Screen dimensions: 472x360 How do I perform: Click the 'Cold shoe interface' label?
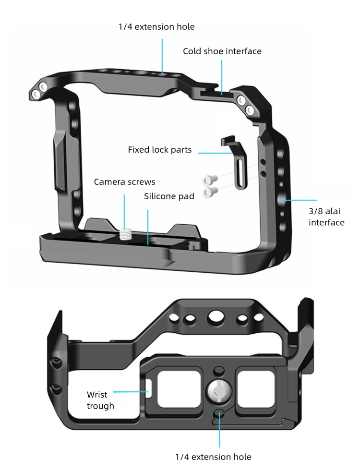point(222,51)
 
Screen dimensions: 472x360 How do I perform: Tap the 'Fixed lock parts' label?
point(159,150)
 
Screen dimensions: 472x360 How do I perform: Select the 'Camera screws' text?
point(124,182)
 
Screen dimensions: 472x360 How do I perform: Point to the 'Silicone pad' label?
point(169,196)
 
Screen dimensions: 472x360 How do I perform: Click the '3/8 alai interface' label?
point(326,217)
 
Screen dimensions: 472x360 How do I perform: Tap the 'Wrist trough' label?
point(100,400)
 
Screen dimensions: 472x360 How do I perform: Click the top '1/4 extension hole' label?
point(156,26)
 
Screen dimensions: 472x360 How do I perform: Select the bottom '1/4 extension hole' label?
point(213,457)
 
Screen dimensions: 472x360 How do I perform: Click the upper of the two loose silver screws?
point(208,180)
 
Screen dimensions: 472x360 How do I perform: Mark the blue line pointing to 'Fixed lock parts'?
point(216,153)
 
